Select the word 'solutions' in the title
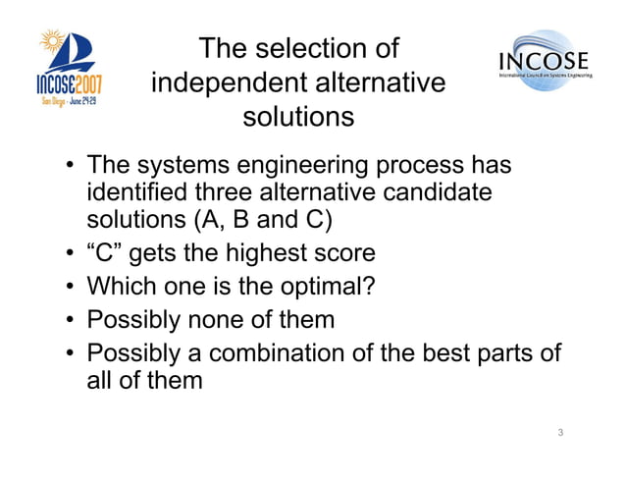(297, 117)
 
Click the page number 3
(559, 432)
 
